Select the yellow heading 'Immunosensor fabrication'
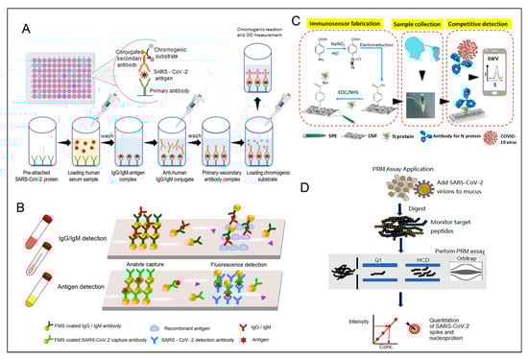click(x=333, y=17)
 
